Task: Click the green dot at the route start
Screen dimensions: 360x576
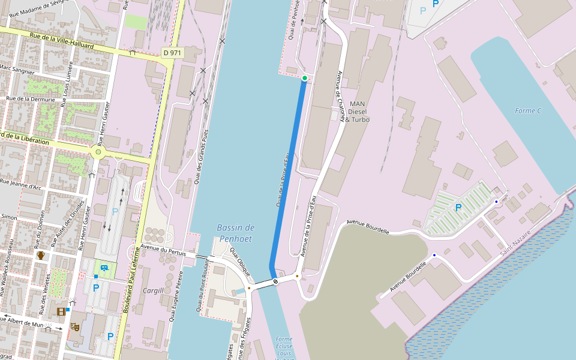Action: (305, 78)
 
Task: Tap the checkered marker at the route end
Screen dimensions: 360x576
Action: (275, 281)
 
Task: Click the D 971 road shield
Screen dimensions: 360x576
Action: (173, 53)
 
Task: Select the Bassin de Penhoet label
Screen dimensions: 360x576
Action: (236, 233)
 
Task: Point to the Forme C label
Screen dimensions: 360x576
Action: (528, 110)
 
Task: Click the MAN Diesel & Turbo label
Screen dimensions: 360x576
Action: (357, 112)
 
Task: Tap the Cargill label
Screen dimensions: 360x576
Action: (154, 290)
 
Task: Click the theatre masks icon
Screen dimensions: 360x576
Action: (75, 326)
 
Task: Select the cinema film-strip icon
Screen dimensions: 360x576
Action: (61, 311)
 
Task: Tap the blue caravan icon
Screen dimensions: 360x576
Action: (105, 268)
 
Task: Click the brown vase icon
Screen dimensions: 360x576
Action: (41, 255)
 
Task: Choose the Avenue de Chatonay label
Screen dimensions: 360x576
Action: (341, 96)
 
